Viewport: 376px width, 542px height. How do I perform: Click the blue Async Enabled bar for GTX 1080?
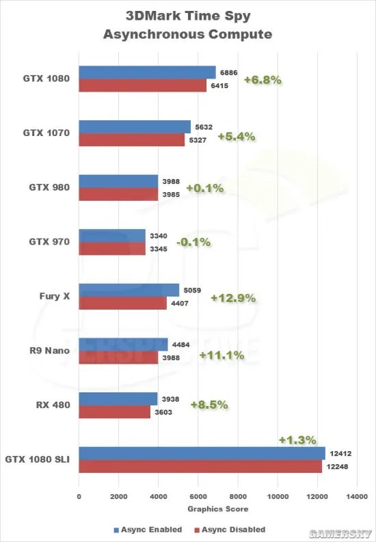147,72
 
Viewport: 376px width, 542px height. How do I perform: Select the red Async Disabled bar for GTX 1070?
132,140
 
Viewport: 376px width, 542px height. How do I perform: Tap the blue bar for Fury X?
129,290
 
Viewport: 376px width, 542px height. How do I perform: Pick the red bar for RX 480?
115,412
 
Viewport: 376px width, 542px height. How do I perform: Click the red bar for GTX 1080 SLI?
200,466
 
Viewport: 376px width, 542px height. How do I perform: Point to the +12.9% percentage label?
232,298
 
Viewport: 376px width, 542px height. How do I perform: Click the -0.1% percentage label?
193,243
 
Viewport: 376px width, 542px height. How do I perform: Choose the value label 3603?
165,412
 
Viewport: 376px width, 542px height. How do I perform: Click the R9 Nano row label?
53,351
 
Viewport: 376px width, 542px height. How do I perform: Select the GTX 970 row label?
51,242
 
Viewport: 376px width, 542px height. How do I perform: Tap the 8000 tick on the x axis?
238,497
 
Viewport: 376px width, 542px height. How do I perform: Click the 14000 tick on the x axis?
357,497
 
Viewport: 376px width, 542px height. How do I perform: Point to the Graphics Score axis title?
218,509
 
